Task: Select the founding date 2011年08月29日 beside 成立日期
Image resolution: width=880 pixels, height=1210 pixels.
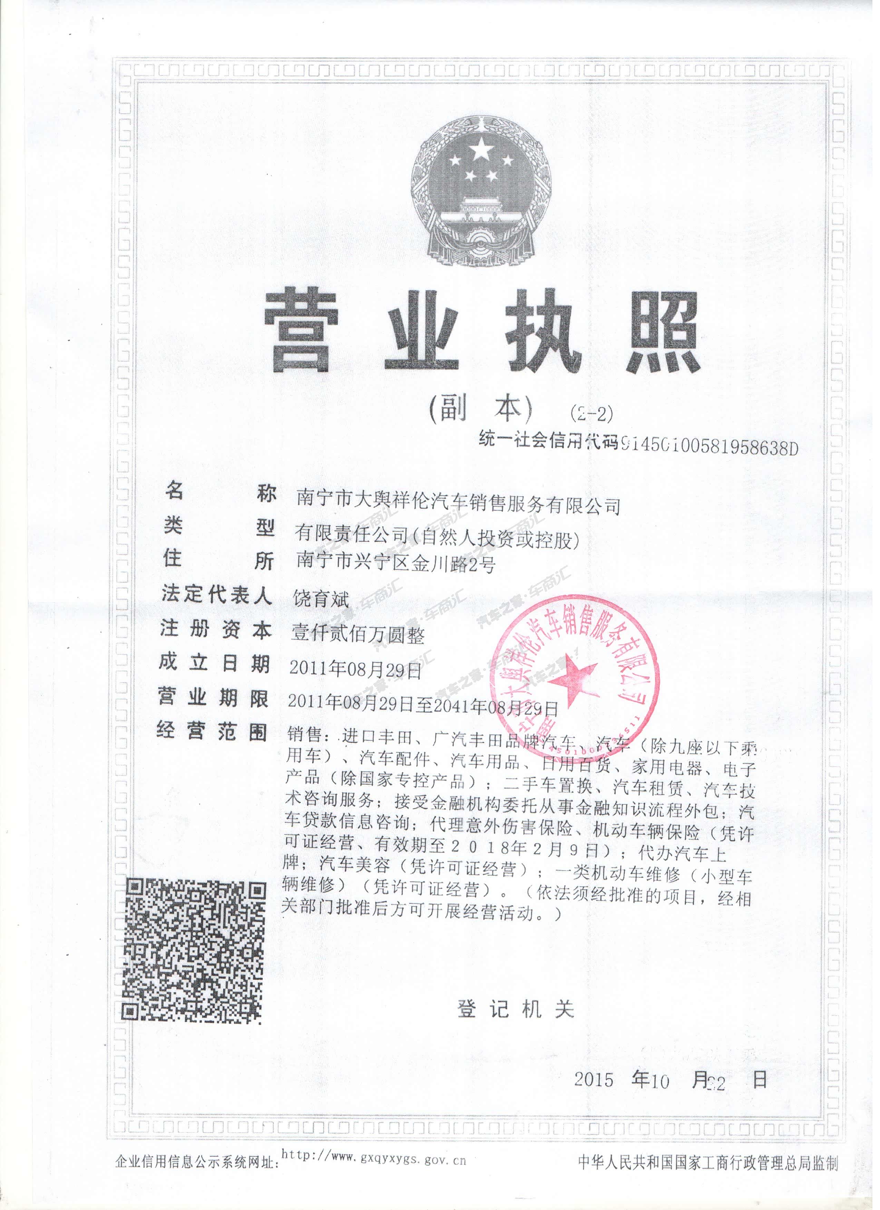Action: click(x=355, y=669)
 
